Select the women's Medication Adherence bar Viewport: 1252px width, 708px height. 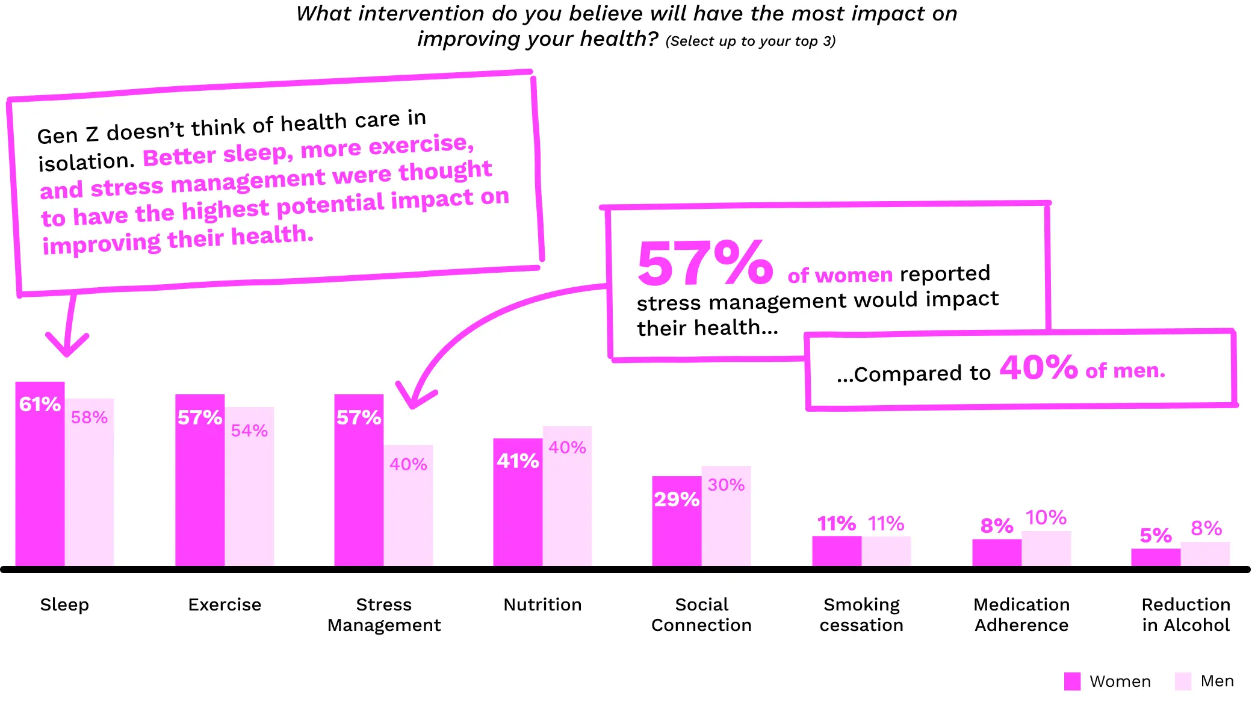click(x=997, y=552)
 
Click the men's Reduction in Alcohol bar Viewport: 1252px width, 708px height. click(x=1205, y=554)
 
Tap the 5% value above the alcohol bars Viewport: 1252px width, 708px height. click(x=1156, y=535)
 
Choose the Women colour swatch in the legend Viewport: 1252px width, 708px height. click(x=1072, y=681)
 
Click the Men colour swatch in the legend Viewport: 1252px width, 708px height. click(x=1183, y=681)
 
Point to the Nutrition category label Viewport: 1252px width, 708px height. click(x=542, y=604)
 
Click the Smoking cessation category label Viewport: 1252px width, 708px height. click(x=861, y=615)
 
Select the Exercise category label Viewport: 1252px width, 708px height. click(x=225, y=604)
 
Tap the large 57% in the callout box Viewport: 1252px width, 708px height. click(x=705, y=263)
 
